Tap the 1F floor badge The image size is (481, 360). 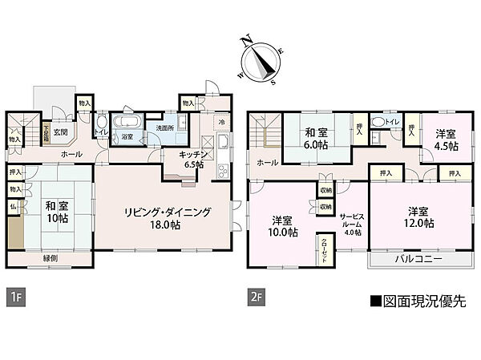pos(14,296)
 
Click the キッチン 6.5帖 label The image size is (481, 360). pos(194,158)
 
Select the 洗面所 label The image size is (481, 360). pos(166,128)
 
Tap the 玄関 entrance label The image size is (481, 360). pos(62,133)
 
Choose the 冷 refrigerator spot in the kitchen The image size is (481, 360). pos(222,122)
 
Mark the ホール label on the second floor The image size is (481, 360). pos(267,163)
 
